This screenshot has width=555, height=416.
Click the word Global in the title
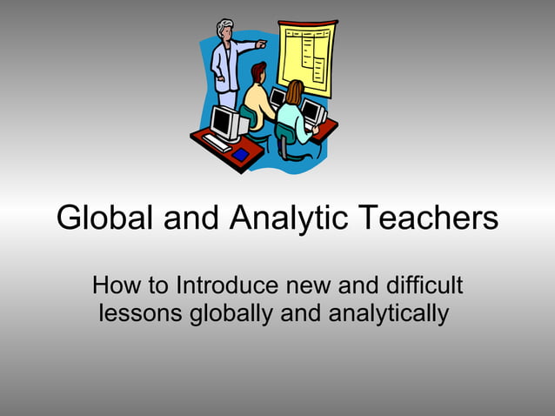tap(105, 218)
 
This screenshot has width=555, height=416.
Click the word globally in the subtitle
tap(230, 312)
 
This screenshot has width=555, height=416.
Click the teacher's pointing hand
tap(261, 44)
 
